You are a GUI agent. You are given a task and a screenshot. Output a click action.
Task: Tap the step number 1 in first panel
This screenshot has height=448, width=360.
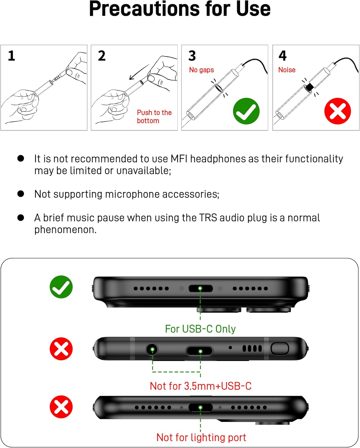point(11,56)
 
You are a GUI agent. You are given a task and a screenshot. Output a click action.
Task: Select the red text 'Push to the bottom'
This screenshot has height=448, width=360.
point(154,116)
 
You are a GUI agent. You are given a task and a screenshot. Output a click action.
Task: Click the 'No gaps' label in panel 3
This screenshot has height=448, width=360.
point(201,70)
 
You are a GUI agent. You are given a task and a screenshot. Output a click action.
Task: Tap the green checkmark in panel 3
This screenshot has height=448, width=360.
point(246,111)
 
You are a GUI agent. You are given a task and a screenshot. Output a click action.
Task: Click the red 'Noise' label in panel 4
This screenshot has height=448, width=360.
point(287,70)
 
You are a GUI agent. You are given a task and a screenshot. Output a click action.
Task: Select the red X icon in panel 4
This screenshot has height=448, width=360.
point(337,111)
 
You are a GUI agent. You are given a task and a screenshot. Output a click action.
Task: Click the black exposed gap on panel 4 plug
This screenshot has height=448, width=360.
point(310,87)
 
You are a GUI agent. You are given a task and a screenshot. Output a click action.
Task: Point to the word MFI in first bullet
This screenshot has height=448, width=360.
point(179,159)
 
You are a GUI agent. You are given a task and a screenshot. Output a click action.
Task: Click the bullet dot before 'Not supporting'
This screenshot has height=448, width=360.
point(21,194)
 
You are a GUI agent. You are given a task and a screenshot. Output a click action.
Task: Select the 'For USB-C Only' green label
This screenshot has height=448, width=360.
point(200,329)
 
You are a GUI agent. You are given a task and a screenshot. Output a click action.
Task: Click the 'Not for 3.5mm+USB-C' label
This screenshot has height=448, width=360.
point(200,386)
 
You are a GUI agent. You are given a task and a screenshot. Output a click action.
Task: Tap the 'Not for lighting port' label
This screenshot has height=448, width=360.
point(201,438)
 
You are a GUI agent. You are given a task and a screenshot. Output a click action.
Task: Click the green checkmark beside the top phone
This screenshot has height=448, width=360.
point(61,287)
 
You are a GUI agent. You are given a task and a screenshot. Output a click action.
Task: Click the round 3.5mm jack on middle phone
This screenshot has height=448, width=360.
point(152,349)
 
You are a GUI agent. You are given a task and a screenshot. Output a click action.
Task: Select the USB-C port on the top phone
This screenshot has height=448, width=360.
point(200,289)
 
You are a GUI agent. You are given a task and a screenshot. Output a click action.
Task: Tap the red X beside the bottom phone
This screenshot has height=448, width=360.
point(61,407)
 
